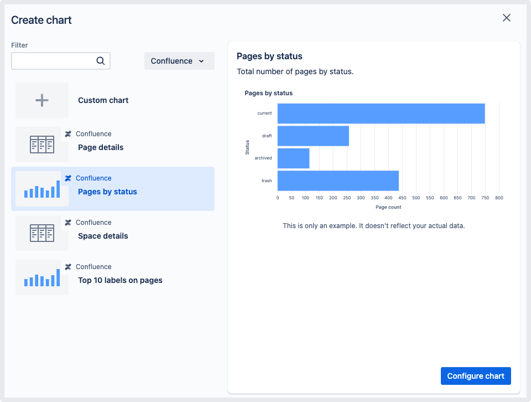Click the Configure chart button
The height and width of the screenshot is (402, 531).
tap(476, 376)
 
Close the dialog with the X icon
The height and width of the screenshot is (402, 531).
tap(506, 18)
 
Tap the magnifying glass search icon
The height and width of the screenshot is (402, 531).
tap(101, 61)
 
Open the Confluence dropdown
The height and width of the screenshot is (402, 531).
tap(179, 61)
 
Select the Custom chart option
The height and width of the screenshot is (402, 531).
tap(103, 100)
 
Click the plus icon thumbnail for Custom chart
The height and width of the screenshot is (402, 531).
tap(42, 100)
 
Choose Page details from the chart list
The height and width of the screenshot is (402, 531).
tap(101, 147)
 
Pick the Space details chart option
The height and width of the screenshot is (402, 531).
tap(103, 236)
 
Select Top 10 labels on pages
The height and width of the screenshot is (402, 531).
tap(120, 280)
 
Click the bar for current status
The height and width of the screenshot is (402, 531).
tap(381, 114)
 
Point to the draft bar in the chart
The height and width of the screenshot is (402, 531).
tap(313, 136)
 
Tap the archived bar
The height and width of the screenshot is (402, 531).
tap(293, 158)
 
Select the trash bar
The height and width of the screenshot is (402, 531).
tap(338, 181)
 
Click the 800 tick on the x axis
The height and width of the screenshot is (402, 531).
tap(499, 198)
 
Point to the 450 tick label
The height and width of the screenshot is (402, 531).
tap(402, 198)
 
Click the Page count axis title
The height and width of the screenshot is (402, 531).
tap(388, 207)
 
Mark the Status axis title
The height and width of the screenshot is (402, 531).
tap(247, 147)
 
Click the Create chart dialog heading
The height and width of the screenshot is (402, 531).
tap(41, 20)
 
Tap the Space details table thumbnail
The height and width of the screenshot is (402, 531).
tap(42, 233)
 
